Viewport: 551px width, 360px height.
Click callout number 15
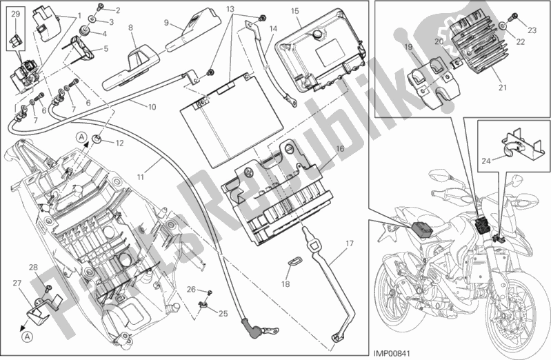294,11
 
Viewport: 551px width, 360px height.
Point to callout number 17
349,243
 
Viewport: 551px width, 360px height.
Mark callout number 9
167,22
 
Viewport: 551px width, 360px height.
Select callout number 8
130,27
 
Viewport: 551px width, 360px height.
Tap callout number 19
408,48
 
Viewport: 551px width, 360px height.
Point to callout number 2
117,10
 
